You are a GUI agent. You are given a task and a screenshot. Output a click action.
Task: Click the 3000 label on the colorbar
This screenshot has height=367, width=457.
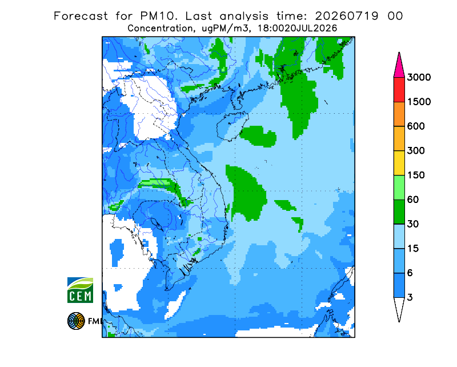point(419,77)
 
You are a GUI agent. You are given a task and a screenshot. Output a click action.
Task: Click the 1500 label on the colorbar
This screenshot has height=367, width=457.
point(419,102)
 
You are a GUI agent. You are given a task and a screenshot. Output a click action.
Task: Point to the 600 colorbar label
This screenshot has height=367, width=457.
point(416,126)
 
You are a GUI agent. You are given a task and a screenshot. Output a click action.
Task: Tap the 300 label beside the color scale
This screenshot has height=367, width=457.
point(416,151)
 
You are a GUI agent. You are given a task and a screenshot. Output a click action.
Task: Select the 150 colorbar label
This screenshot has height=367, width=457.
point(416,175)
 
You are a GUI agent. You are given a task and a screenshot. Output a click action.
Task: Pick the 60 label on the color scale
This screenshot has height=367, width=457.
point(412,200)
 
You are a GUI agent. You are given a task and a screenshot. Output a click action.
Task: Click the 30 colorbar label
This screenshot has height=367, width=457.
point(412,224)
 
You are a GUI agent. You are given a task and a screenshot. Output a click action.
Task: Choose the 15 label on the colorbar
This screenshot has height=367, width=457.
point(412,249)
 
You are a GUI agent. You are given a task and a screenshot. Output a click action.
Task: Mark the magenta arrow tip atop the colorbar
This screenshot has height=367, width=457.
point(399,52)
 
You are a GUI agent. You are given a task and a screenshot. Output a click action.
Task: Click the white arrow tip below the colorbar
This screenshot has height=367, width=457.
point(399,321)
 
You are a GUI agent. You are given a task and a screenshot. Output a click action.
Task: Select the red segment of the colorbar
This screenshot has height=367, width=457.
point(399,90)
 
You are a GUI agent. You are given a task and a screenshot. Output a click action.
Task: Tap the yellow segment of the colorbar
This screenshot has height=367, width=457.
point(399,163)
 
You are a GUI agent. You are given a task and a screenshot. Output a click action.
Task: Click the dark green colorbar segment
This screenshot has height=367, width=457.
point(399,212)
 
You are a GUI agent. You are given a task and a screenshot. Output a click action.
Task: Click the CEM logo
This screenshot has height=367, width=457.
point(80,290)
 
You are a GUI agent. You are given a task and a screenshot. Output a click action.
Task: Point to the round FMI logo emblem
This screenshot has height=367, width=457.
point(76,321)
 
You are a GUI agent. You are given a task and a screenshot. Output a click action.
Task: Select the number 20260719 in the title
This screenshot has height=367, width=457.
point(347,16)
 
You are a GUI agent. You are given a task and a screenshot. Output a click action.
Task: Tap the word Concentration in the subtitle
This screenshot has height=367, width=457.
point(160,29)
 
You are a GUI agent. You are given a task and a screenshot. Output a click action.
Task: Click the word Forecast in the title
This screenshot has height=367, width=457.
point(81,16)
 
